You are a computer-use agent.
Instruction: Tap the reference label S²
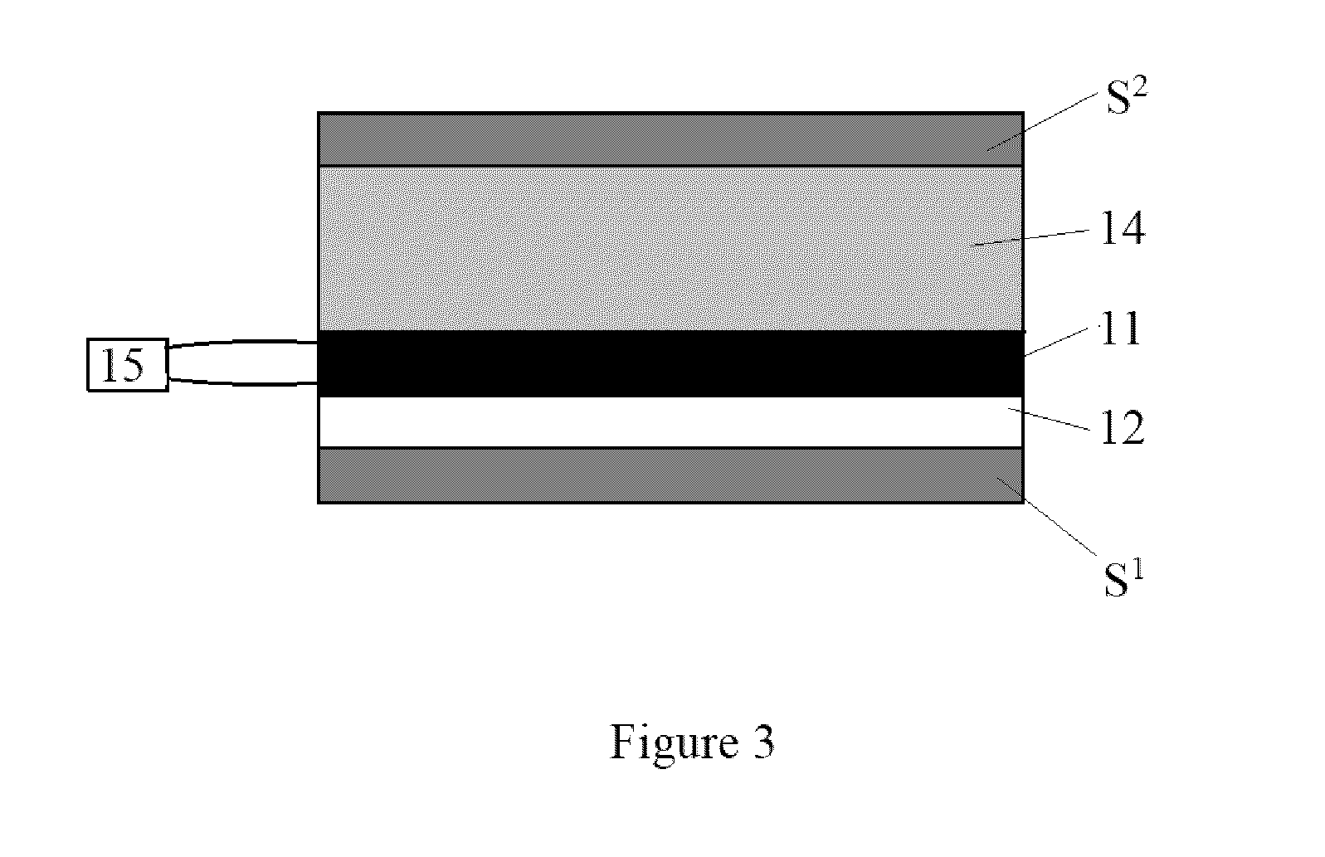[x=1127, y=96]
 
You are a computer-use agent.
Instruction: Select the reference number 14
[x=1123, y=229]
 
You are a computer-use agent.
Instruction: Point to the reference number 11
[x=1120, y=329]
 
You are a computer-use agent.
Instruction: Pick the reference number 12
[x=1123, y=427]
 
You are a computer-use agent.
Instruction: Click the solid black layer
[x=670, y=363]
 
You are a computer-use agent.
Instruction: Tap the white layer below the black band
[x=670, y=421]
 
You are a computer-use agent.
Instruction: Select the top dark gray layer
[x=670, y=139]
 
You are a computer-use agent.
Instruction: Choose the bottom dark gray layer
[x=670, y=475]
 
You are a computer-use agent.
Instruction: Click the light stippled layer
[x=670, y=249]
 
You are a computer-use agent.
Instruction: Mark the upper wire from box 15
[x=243, y=342]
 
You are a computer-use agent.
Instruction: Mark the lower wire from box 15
[x=243, y=383]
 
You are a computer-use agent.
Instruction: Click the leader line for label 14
[x=1031, y=237]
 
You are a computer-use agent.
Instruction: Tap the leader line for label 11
[x=1057, y=342]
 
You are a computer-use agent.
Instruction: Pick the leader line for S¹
[x=1047, y=516]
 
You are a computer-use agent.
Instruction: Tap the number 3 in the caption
[x=763, y=742]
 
